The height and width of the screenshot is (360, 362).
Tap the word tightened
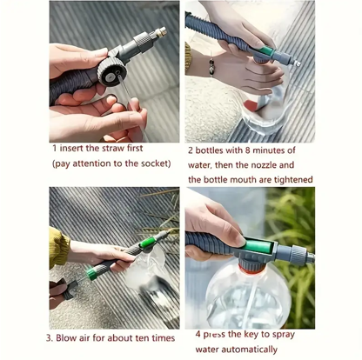pyautogui.click(x=286, y=180)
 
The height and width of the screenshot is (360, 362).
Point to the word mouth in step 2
pyautogui.click(x=250, y=180)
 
